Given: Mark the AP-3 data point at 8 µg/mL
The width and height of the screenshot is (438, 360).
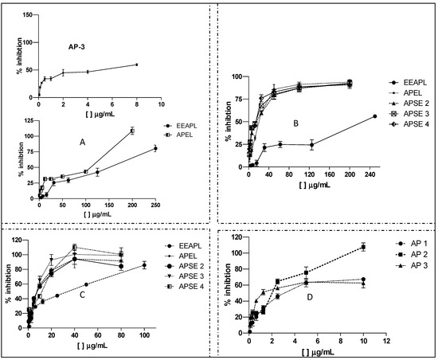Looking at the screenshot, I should click(x=137, y=65).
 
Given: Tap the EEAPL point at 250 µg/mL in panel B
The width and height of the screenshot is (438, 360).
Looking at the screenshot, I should click(x=375, y=116).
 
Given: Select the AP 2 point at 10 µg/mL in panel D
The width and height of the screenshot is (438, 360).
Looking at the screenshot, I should click(x=363, y=247).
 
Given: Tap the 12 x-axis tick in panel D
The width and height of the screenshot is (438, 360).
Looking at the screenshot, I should click(x=385, y=341).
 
